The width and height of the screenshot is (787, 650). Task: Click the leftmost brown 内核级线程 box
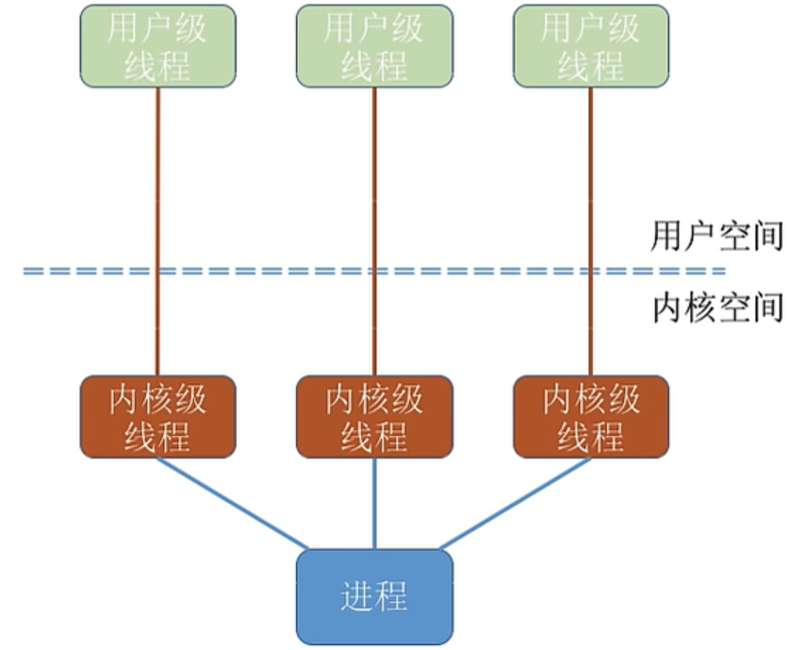(157, 417)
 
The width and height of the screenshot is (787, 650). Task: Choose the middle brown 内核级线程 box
(374, 417)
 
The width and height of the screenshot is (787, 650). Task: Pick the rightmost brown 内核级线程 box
(591, 417)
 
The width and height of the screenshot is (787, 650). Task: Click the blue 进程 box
(374, 596)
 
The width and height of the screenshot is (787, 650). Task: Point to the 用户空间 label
(717, 237)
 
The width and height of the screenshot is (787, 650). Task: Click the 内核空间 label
(717, 308)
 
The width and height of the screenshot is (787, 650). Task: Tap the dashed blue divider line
(283, 272)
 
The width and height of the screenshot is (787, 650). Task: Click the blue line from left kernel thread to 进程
(231, 502)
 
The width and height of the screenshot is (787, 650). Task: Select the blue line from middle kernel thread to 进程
(374, 503)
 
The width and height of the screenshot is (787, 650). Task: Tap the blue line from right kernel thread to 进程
(516, 503)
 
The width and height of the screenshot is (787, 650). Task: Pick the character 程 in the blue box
(391, 597)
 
